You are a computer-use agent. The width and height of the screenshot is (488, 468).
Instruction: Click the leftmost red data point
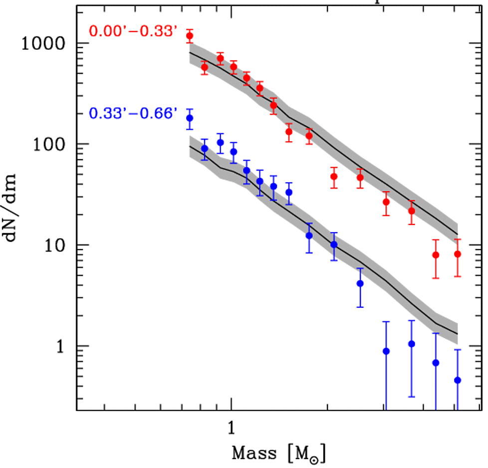190,36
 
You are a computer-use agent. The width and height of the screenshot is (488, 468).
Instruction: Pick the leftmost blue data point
190,118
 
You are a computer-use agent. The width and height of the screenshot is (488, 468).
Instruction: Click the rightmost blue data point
458,380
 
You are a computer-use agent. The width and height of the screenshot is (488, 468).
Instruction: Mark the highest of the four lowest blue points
412,344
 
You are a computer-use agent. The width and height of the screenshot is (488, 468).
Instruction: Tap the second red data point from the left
204,67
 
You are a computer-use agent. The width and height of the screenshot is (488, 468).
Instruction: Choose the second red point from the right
436,255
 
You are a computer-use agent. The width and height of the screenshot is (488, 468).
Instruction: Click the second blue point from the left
204,149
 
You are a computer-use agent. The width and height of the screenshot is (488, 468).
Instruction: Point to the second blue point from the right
436,363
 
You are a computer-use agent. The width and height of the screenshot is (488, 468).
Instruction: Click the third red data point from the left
220,58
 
